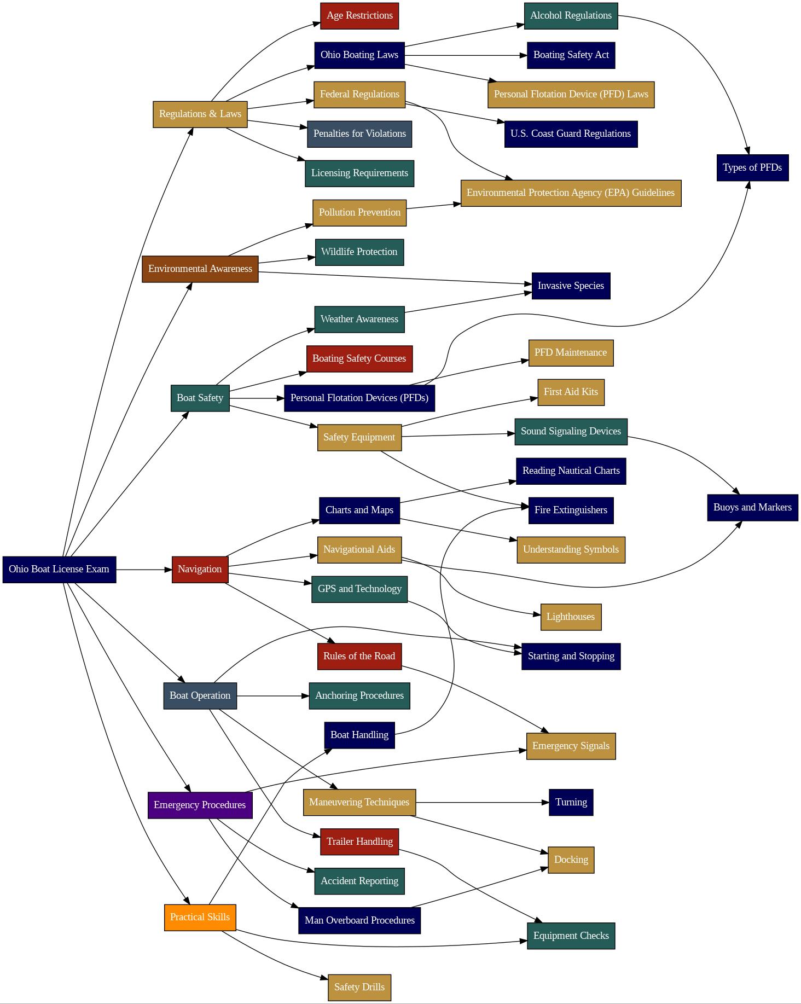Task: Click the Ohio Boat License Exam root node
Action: click(x=59, y=570)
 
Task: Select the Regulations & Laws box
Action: click(x=200, y=114)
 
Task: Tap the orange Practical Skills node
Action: click(x=200, y=918)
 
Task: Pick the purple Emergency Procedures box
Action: click(x=200, y=805)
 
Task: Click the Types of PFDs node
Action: click(x=752, y=168)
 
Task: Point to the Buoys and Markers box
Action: click(x=752, y=508)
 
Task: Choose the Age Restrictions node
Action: click(x=359, y=16)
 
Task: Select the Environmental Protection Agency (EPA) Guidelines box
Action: click(x=571, y=193)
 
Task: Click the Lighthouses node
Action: click(x=571, y=617)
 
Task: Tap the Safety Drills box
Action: click(x=359, y=988)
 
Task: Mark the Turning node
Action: click(x=571, y=803)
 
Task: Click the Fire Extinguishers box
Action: click(x=571, y=510)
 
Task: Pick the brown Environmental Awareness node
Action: click(x=200, y=269)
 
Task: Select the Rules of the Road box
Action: click(x=359, y=657)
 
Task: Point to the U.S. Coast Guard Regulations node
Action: click(x=571, y=134)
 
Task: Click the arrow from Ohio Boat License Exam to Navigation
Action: click(x=144, y=570)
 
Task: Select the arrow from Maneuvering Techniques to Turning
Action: click(x=481, y=803)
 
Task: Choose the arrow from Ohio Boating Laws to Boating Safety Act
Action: click(x=465, y=55)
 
